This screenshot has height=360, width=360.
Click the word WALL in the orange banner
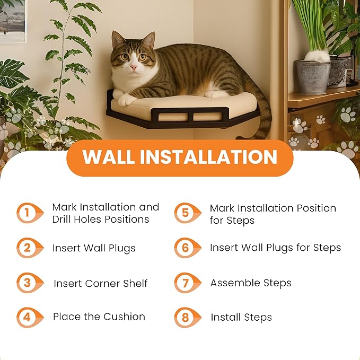108,157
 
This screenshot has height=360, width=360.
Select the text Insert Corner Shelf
100,284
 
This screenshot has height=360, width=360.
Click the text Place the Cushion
99,317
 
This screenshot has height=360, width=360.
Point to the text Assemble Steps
251,283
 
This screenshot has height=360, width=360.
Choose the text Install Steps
241,318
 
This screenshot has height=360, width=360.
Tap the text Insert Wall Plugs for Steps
275,248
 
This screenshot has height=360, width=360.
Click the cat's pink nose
133,68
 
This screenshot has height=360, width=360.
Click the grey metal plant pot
312,76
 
